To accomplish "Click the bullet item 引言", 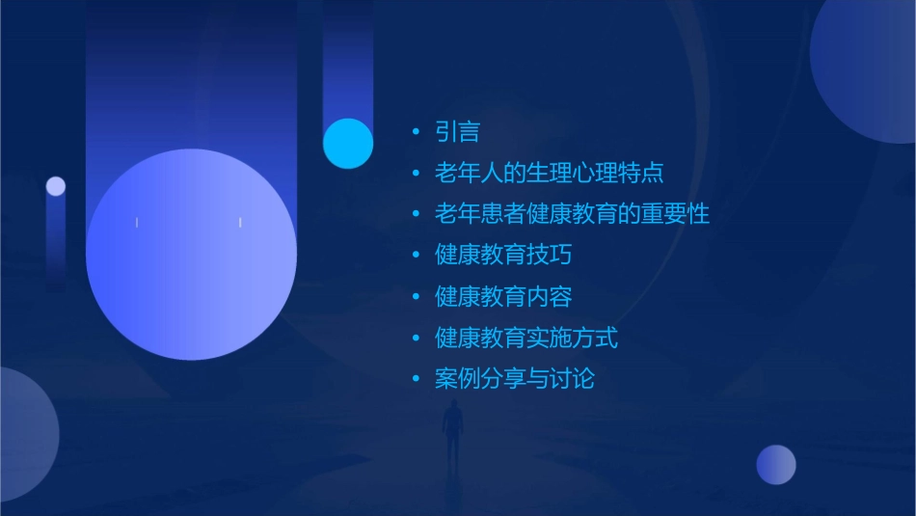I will (457, 132).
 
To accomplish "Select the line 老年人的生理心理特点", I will (549, 174).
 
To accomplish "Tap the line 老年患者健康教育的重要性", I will (572, 214).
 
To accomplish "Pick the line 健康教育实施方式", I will (526, 338).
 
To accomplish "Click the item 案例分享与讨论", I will (515, 379).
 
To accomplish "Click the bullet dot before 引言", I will (416, 132).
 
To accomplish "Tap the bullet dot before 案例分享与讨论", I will (416, 379).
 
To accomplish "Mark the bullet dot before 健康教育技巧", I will (416, 256).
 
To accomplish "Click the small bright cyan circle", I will (348, 144).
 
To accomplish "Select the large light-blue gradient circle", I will (191, 255).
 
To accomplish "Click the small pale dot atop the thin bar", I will (56, 186).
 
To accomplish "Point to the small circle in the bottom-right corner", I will (776, 465).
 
